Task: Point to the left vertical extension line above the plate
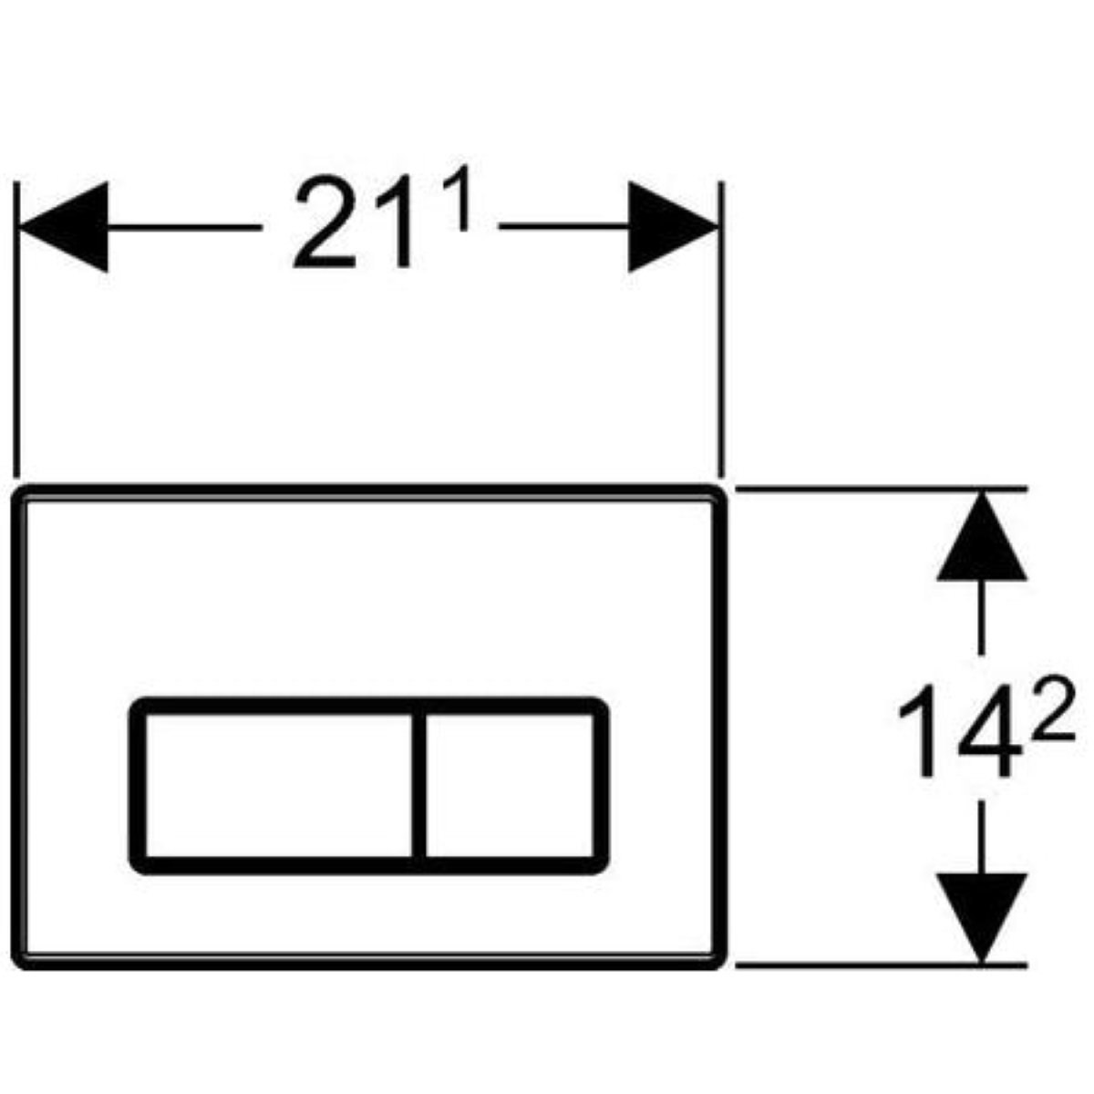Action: coord(17,329)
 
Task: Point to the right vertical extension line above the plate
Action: coord(721,329)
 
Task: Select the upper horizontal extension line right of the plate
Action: coord(881,489)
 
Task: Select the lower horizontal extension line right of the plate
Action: coord(881,965)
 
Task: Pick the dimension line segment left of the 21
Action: coord(184,227)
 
